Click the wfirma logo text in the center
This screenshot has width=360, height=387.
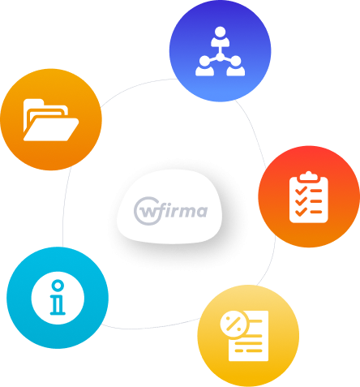pos(171,211)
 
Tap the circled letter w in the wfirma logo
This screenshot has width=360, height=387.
pos(148,212)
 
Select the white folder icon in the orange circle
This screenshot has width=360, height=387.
pos(51,120)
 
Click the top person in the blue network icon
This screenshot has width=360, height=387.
pos(221,37)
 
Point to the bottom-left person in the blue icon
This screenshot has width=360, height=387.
pos(205,66)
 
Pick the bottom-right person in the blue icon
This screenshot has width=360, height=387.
pos(236,66)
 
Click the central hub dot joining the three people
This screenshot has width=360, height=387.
pos(221,57)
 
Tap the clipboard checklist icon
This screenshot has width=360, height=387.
pos(309,197)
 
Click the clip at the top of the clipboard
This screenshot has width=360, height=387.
pos(309,176)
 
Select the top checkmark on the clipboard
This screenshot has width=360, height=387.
pos(301,191)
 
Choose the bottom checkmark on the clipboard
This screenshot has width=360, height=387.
pos(301,212)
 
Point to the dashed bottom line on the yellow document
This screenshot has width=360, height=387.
pos(248,350)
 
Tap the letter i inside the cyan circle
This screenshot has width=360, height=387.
pos(58,298)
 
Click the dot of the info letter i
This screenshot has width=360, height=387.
pos(58,286)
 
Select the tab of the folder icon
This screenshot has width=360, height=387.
pos(33,102)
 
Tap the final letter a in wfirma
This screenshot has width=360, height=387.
pos(202,212)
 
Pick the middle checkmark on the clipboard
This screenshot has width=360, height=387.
pos(301,201)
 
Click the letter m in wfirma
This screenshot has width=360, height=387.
pos(186,212)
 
